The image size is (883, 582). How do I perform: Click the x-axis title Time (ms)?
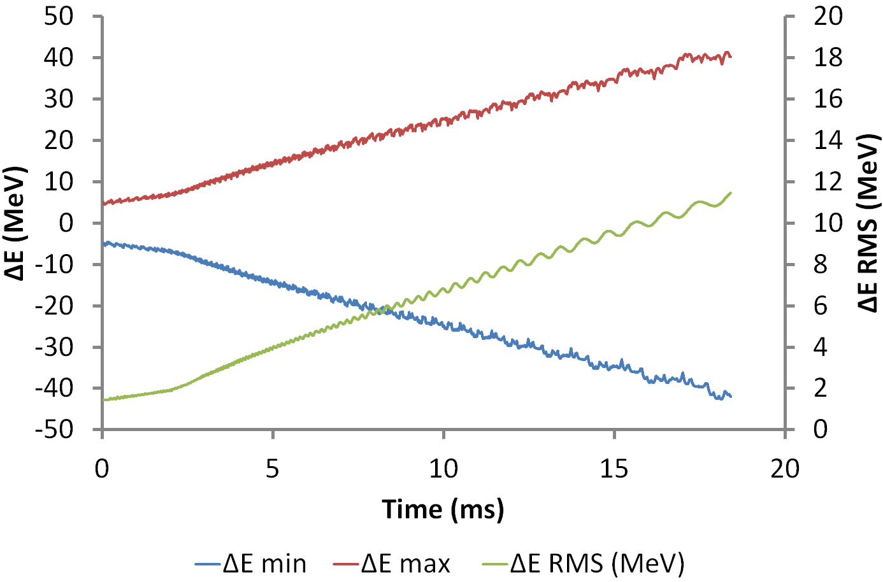click(x=443, y=509)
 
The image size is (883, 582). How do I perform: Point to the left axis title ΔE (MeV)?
click(x=15, y=223)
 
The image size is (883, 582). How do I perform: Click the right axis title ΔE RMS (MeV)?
click(x=868, y=223)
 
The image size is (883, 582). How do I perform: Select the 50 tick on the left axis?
click(x=59, y=16)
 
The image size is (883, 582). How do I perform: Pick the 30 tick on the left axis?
click(x=59, y=99)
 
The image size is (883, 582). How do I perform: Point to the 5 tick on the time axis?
click(x=273, y=469)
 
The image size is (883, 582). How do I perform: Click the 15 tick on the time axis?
click(x=614, y=469)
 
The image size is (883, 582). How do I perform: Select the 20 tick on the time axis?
click(x=785, y=469)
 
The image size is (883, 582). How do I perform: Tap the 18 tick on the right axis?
click(x=828, y=57)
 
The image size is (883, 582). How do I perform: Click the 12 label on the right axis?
click(x=828, y=181)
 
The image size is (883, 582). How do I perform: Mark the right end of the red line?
click(x=731, y=57)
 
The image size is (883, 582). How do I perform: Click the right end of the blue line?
click(x=731, y=396)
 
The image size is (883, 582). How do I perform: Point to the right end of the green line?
click(x=731, y=192)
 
